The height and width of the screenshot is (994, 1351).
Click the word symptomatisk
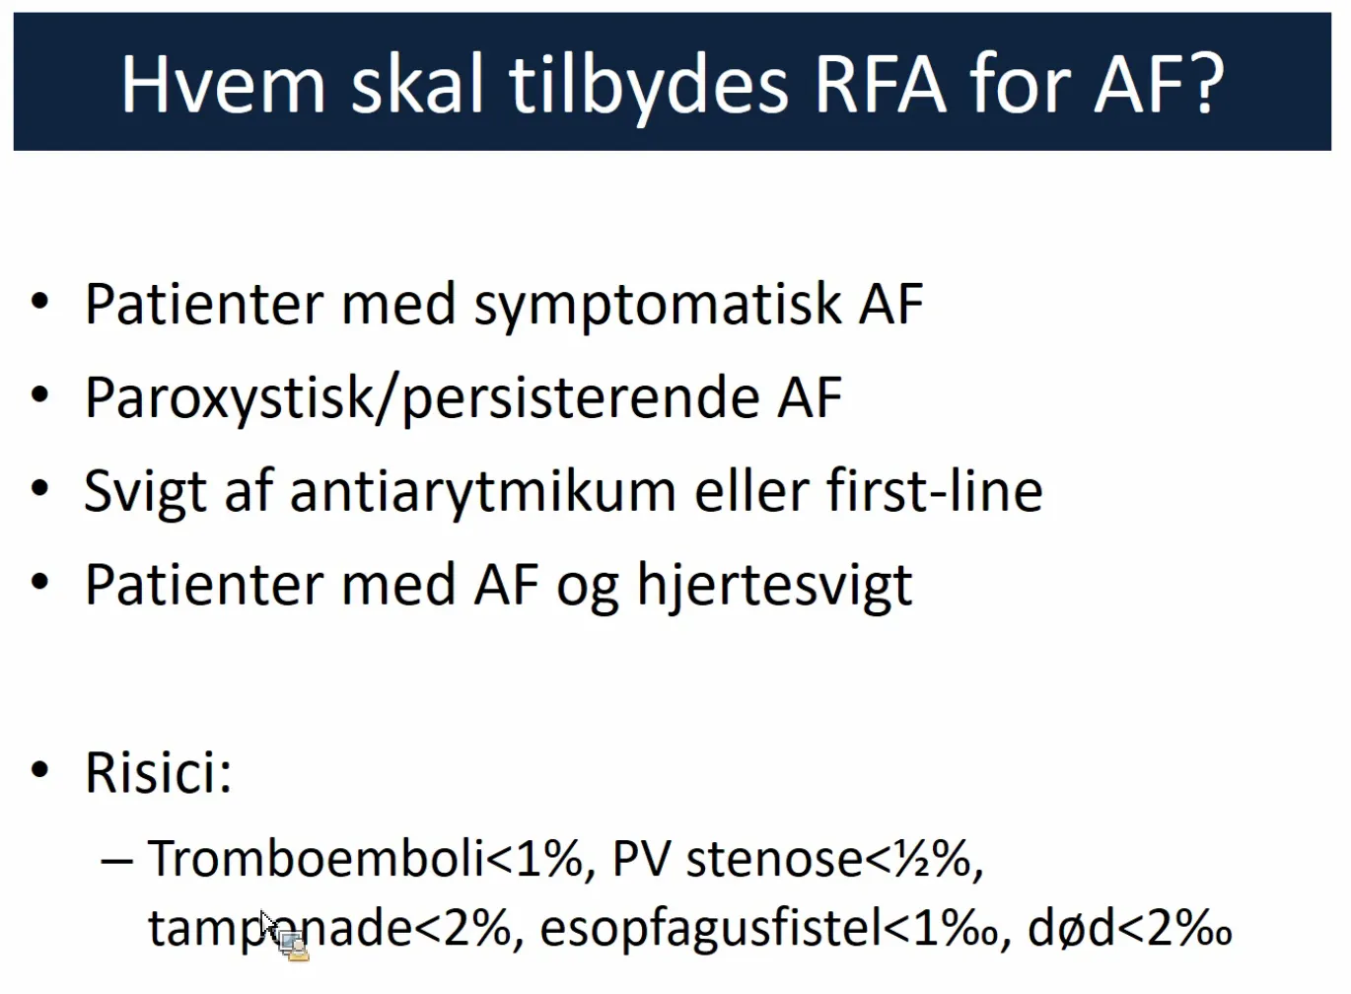tap(658, 308)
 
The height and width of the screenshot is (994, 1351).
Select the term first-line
tap(934, 490)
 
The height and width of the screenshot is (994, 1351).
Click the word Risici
tap(158, 773)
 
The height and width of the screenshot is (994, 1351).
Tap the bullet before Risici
tap(39, 770)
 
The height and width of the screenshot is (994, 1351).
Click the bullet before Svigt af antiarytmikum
tap(39, 488)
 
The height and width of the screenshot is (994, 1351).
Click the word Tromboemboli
tap(316, 858)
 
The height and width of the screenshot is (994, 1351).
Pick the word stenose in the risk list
tap(775, 860)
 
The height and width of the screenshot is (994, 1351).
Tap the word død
tap(1071, 928)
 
